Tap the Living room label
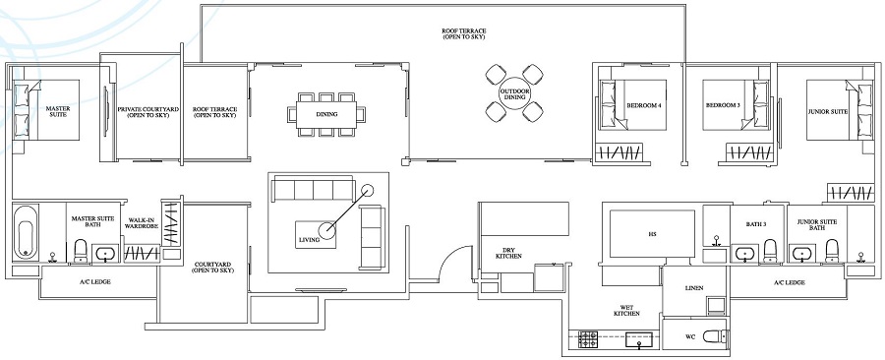[x=309, y=239]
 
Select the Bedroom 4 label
[x=642, y=105]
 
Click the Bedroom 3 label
[x=723, y=105]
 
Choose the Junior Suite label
[x=827, y=111]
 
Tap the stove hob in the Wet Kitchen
[x=589, y=340]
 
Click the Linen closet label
[x=692, y=288]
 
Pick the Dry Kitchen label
[x=509, y=253]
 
